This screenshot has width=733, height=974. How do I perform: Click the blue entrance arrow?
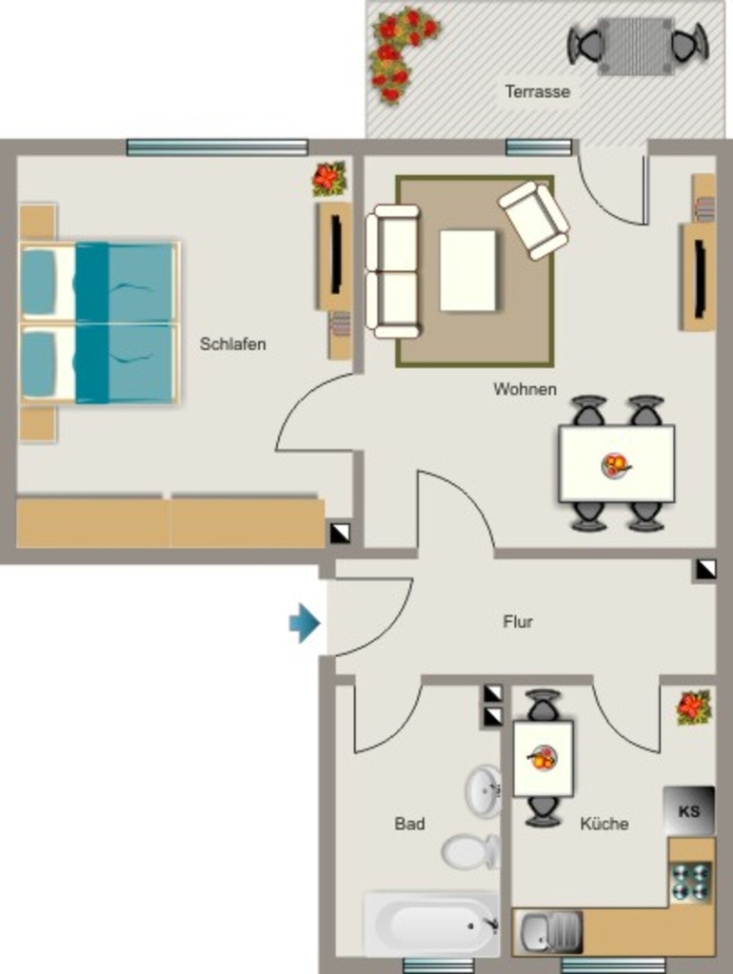click(x=305, y=622)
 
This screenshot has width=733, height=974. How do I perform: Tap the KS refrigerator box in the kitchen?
click(x=689, y=810)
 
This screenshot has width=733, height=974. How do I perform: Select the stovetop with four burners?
click(x=691, y=882)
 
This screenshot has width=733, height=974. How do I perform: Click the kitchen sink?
click(x=547, y=932)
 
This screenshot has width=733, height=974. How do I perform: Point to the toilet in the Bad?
click(x=470, y=851)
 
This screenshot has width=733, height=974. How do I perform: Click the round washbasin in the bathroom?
click(x=484, y=790)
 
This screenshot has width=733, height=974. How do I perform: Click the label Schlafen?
click(x=233, y=344)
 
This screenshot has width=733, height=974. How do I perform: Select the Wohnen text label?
click(x=525, y=389)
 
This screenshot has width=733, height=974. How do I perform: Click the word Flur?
click(x=518, y=622)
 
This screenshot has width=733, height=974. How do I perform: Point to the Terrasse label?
click(x=538, y=92)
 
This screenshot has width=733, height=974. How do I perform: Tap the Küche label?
click(x=604, y=824)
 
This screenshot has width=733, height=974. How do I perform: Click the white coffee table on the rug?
click(x=468, y=270)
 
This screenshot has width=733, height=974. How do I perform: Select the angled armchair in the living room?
click(x=534, y=220)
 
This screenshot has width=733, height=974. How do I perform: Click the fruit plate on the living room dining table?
click(x=616, y=465)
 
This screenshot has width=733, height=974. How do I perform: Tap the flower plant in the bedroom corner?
click(x=328, y=178)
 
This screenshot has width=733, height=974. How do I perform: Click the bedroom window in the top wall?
click(x=217, y=147)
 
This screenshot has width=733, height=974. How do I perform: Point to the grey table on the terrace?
click(x=635, y=46)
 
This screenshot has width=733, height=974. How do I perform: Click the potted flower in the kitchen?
click(x=694, y=708)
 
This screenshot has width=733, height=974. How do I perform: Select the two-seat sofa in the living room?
click(x=393, y=271)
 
